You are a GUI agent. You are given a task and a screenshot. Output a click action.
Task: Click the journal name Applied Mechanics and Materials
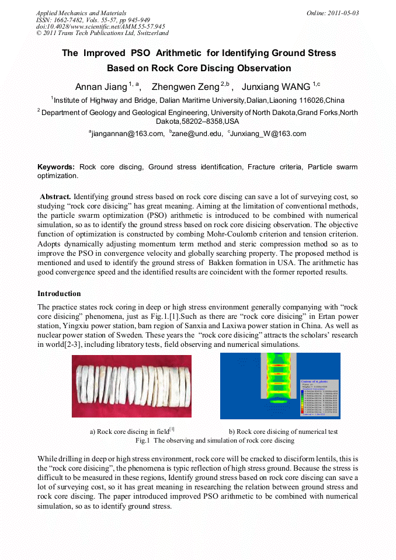pyautogui.click(x=81, y=13)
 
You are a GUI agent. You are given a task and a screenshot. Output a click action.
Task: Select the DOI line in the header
pyautogui.click(x=100, y=26)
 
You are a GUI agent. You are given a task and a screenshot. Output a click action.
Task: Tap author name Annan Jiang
pyautogui.click(x=101, y=87)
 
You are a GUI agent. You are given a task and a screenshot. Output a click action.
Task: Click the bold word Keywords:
pyautogui.click(x=56, y=167)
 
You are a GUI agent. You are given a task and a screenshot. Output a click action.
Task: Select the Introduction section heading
pyautogui.click(x=59, y=293)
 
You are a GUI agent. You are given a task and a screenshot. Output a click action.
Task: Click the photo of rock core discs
pyautogui.click(x=131, y=386)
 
